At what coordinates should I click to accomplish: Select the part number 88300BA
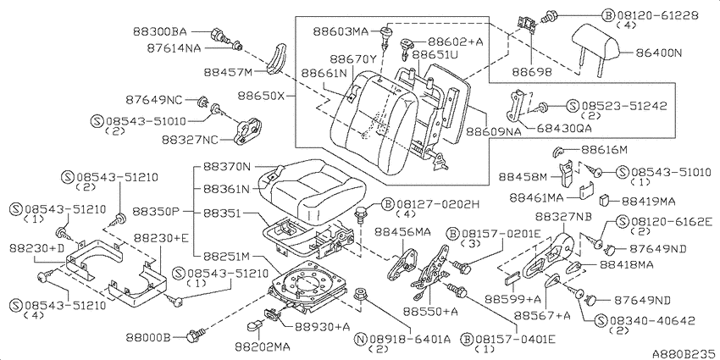pyautogui.click(x=160, y=31)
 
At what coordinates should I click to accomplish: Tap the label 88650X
pyautogui.click(x=262, y=97)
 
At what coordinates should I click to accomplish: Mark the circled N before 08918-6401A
pyautogui.click(x=362, y=340)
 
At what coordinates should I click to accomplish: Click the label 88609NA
pyautogui.click(x=494, y=132)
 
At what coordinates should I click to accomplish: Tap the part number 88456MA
pyautogui.click(x=402, y=232)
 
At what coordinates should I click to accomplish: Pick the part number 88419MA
pyautogui.click(x=650, y=201)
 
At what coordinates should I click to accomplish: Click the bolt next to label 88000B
pyautogui.click(x=194, y=337)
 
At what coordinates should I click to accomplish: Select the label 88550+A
pyautogui.click(x=430, y=312)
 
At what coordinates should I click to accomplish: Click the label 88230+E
pyautogui.click(x=162, y=237)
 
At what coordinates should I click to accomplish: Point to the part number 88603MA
pyautogui.click(x=341, y=31)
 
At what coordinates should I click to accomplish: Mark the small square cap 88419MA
pyautogui.click(x=605, y=200)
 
